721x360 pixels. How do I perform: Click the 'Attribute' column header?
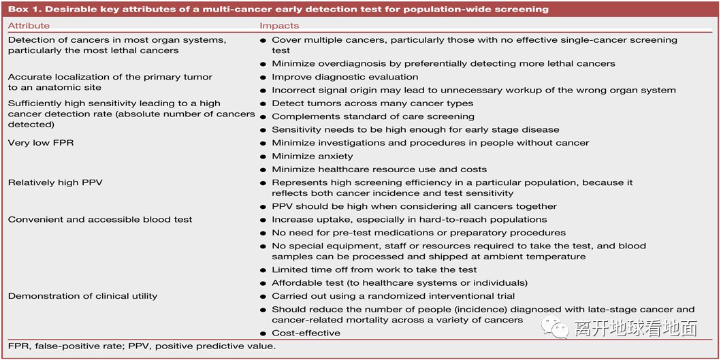(29, 26)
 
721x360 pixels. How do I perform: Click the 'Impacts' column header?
(279, 26)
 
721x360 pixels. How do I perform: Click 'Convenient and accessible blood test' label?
(100, 219)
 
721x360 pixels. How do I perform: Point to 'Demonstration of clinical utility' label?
(82, 296)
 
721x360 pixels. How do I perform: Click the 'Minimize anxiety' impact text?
(313, 156)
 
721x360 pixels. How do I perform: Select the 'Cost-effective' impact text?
(306, 333)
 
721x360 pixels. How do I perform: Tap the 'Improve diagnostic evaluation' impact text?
(345, 77)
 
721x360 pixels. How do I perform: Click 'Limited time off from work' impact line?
(374, 269)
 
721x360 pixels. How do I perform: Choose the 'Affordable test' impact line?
(400, 282)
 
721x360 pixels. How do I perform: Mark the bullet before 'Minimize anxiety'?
(263, 157)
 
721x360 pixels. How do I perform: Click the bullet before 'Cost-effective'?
(263, 333)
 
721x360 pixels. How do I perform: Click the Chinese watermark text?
(635, 329)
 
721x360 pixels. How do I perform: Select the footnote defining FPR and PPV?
(142, 346)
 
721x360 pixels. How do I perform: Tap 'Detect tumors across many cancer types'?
(372, 103)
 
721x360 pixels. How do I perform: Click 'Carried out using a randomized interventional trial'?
(394, 296)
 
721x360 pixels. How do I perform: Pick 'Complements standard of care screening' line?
(373, 116)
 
